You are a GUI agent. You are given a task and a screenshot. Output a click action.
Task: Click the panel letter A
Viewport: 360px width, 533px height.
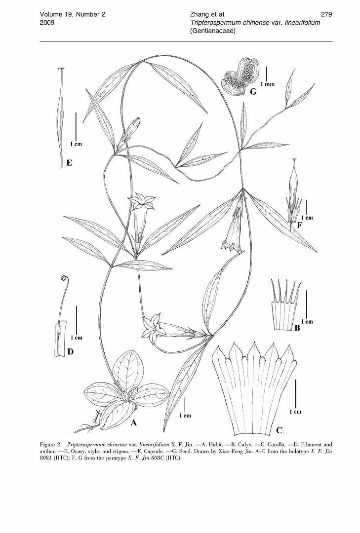(134, 422)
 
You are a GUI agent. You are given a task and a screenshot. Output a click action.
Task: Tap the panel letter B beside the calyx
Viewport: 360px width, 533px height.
(297, 328)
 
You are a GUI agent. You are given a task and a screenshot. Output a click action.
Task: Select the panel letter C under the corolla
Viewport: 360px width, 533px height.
(280, 430)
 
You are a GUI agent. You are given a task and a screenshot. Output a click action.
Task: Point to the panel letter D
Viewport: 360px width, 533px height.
(71, 351)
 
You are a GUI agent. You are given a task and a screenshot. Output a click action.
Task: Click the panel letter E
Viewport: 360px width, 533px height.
(69, 163)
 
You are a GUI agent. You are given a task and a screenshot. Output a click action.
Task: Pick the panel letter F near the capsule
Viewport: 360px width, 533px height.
(300, 225)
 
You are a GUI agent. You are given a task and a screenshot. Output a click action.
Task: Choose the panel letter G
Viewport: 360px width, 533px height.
(253, 91)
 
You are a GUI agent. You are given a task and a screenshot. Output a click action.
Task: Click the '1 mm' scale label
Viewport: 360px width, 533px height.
(268, 84)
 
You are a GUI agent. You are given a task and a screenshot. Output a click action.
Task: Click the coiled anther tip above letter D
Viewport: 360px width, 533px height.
(63, 278)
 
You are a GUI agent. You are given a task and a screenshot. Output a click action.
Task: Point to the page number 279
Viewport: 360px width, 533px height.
(326, 14)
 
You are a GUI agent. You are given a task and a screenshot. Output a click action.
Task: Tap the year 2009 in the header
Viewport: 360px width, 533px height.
(47, 22)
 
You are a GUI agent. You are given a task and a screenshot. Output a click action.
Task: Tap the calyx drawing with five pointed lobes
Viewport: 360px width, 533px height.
(286, 305)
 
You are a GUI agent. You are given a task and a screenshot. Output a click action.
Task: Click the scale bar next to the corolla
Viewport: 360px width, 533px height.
(295, 393)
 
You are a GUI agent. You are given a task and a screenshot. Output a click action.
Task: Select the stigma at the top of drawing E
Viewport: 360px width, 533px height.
(62, 70)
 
